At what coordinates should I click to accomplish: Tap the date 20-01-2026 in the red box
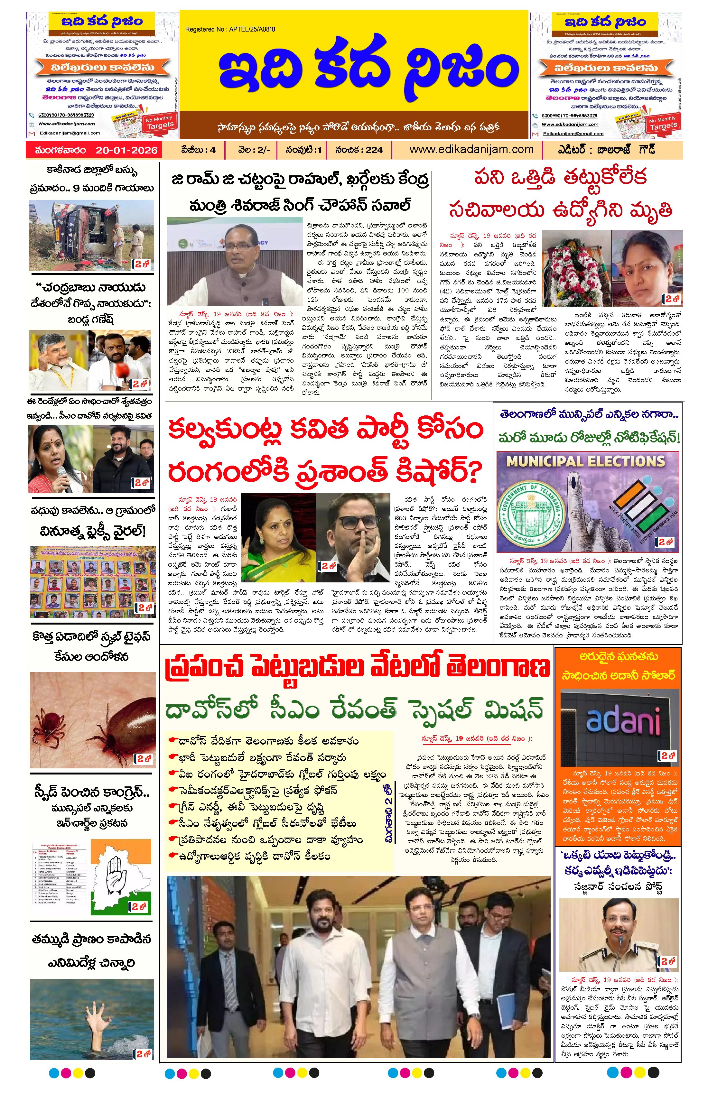click(x=126, y=150)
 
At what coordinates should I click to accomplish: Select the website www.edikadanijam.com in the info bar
click(x=471, y=149)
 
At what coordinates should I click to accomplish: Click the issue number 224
click(x=374, y=150)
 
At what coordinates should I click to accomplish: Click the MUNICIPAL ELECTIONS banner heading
click(x=586, y=461)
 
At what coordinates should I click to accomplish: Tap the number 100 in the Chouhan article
click(x=403, y=291)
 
